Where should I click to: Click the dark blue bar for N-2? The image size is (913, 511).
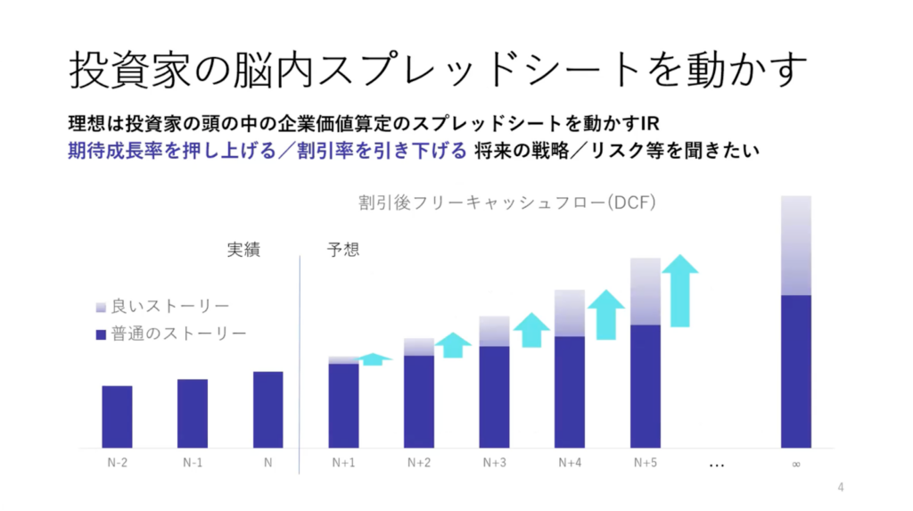click(117, 416)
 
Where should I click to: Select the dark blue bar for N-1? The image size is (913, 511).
click(193, 413)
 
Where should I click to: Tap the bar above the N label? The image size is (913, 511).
click(267, 409)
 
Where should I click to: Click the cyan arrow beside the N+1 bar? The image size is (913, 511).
click(375, 359)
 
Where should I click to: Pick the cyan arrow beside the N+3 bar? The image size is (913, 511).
click(531, 330)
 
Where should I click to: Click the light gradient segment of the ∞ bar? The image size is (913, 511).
click(796, 245)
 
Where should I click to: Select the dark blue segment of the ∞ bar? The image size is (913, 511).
click(796, 371)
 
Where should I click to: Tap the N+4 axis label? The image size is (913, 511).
click(571, 463)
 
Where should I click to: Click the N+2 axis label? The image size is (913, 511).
click(419, 463)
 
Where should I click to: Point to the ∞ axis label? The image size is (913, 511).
click(795, 464)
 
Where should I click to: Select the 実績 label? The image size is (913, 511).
click(243, 251)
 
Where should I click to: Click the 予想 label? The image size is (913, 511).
click(343, 251)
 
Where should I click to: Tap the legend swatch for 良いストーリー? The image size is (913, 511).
click(100, 308)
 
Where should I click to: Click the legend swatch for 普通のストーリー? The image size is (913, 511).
click(100, 335)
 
